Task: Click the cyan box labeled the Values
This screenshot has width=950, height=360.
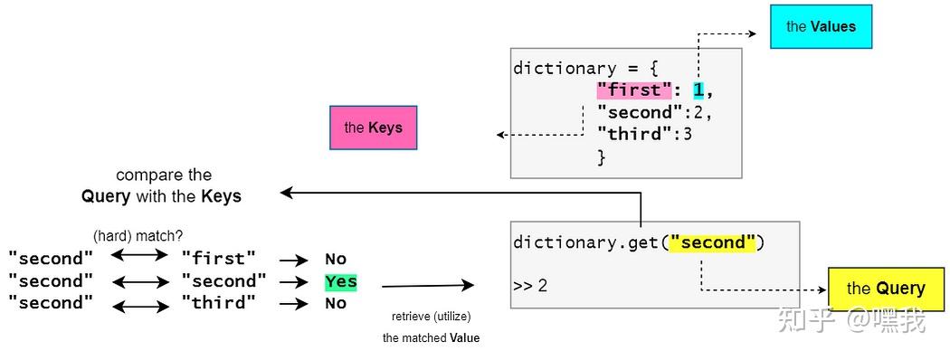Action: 820,26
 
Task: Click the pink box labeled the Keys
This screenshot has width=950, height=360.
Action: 373,128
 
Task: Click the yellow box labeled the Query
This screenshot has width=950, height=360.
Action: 885,289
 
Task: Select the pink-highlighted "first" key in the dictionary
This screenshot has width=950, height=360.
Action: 634,90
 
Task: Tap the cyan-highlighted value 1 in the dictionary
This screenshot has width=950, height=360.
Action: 698,90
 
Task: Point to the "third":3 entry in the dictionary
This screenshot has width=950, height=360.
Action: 644,135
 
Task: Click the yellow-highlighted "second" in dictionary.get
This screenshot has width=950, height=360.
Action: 713,242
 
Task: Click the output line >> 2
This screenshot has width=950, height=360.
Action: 530,286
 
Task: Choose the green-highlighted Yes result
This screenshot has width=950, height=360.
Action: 341,281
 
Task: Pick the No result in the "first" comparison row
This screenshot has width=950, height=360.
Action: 336,260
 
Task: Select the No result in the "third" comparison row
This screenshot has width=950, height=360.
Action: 336,304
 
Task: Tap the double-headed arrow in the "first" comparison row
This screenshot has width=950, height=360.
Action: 139,258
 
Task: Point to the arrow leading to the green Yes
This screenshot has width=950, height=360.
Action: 294,281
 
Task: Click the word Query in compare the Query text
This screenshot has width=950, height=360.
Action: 106,195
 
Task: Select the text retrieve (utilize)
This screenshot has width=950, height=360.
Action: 431,317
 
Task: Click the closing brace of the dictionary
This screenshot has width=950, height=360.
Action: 601,157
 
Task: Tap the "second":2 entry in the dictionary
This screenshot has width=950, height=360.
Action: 653,113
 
